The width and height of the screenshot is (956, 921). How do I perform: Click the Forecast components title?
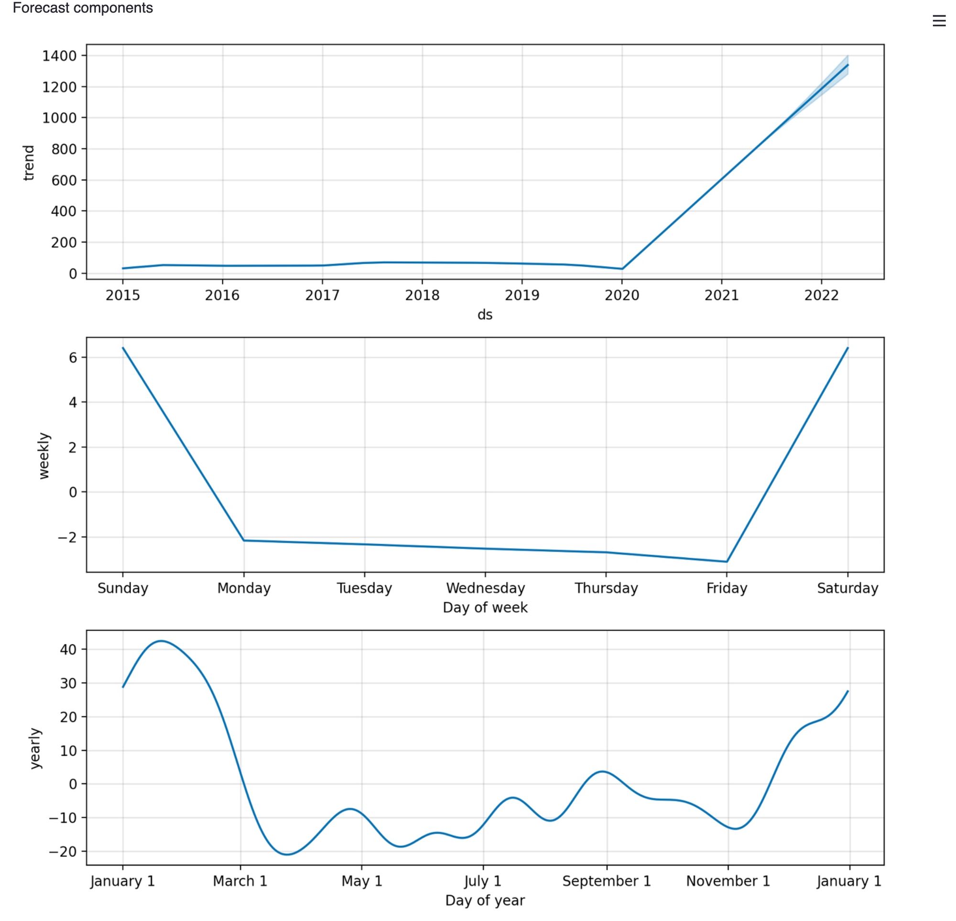pos(82,8)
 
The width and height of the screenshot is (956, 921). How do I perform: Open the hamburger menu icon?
pos(939,21)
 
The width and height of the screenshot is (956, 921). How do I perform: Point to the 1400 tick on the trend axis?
pos(59,56)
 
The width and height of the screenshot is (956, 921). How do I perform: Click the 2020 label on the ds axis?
pos(622,295)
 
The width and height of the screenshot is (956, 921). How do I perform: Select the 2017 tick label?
pos(322,295)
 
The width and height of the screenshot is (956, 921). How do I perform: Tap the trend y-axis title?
pos(29,163)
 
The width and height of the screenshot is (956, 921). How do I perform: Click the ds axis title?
pos(485,315)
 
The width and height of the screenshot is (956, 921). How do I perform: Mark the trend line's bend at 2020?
pos(622,268)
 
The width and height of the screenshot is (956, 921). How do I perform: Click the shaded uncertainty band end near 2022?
pos(847,65)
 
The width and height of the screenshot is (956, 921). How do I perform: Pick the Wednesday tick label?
pos(485,588)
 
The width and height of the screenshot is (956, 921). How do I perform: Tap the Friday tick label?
pos(727,588)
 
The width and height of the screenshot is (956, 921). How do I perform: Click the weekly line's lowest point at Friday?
pos(727,561)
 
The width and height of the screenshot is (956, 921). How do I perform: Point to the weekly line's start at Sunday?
pos(123,348)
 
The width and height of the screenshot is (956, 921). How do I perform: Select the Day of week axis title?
pos(485,608)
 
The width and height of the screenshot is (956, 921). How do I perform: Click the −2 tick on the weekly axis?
pos(67,537)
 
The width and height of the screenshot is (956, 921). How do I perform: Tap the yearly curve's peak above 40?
pos(162,641)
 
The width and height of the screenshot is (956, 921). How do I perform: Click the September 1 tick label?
pos(606,881)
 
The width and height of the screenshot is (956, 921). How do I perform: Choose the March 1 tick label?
pos(240,881)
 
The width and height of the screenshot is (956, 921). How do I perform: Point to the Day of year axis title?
pos(485,900)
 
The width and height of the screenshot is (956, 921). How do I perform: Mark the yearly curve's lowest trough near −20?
pos(287,854)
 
